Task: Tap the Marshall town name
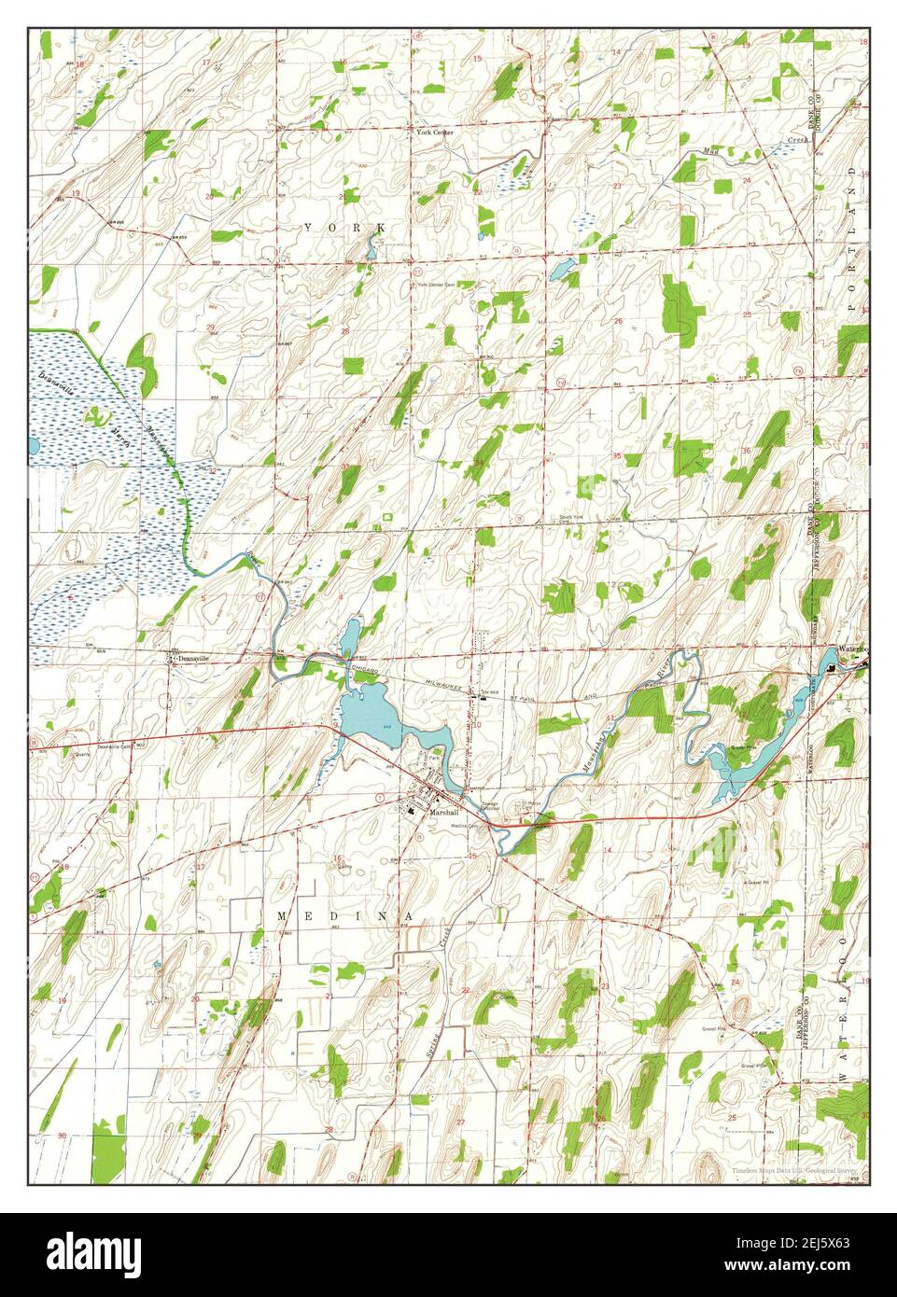pyautogui.click(x=440, y=813)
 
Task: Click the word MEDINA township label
pyautogui.click(x=344, y=918)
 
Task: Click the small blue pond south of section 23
pyautogui.click(x=562, y=271)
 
